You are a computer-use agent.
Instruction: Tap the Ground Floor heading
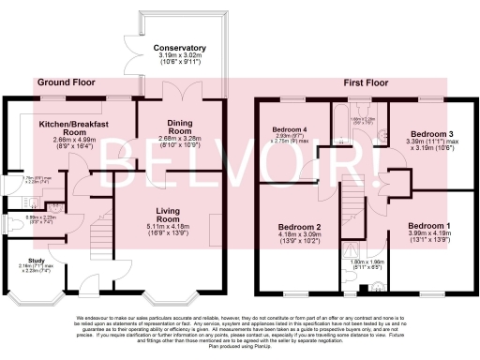[66, 83]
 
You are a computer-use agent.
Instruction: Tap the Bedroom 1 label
[429, 226]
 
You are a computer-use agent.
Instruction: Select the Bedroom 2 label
[298, 228]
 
